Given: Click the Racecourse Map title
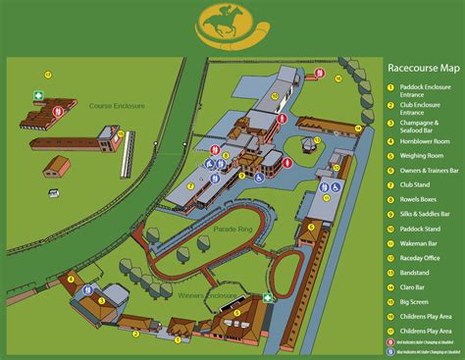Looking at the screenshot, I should (422, 68).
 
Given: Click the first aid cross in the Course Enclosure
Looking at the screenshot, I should (39, 96).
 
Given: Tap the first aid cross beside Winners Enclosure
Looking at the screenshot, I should (266, 298).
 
